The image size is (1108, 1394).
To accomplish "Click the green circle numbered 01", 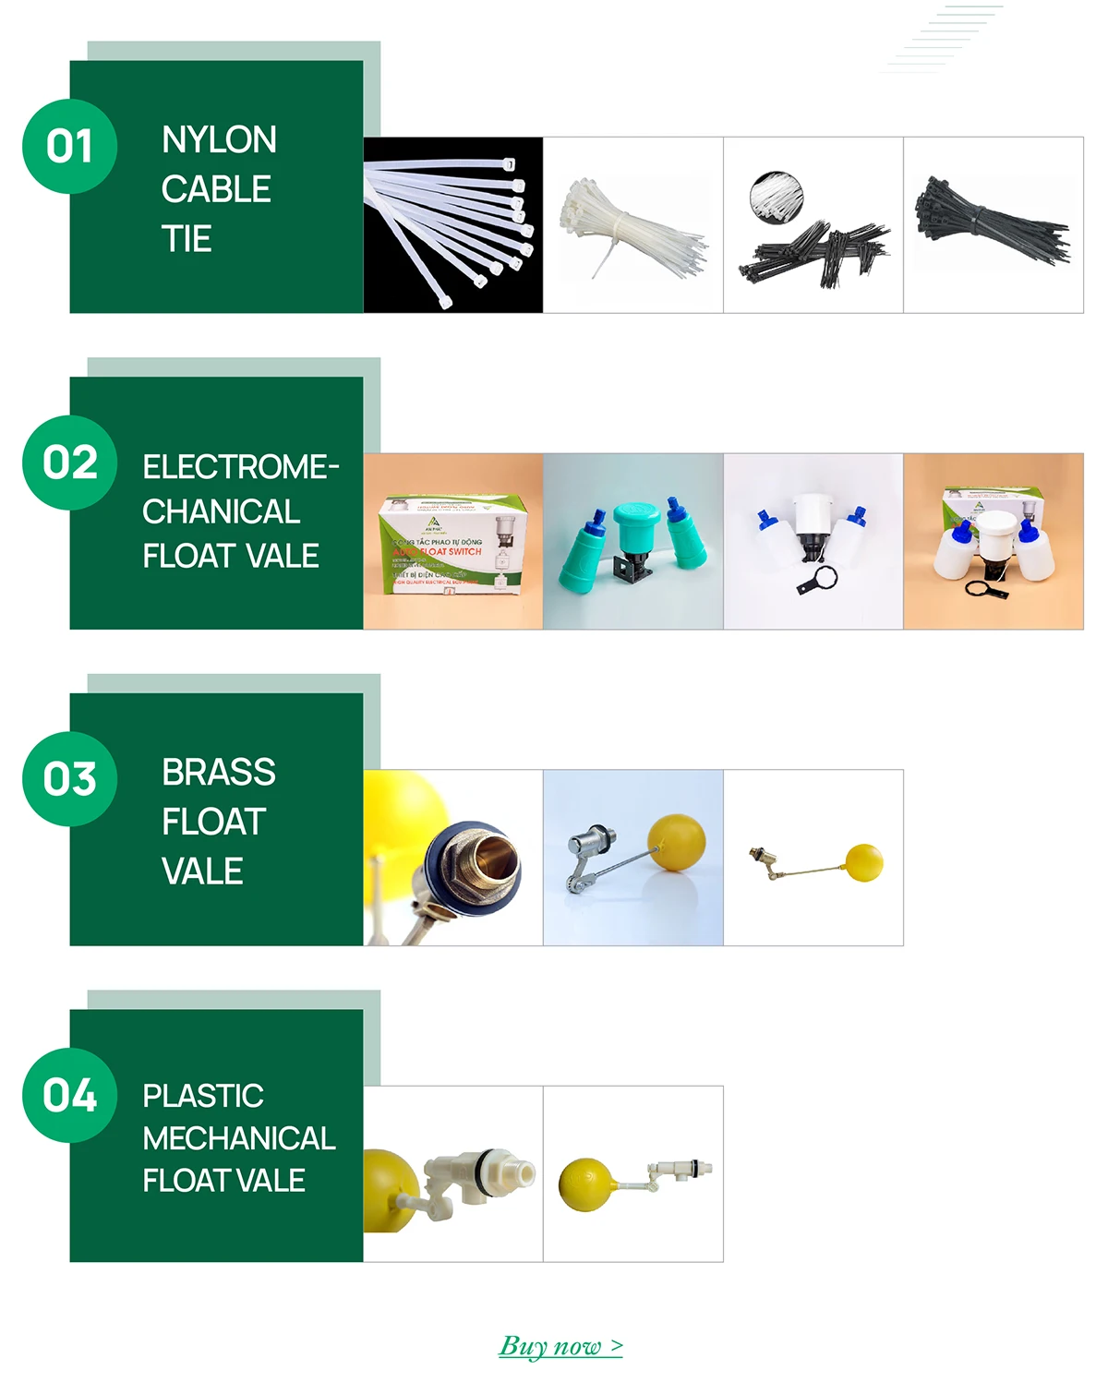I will [70, 147].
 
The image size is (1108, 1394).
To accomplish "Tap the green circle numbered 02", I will [70, 463].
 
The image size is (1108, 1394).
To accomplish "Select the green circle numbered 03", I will [70, 779].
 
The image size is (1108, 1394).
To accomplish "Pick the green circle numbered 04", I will [70, 1096].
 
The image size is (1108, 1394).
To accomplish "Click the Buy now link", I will [560, 1346].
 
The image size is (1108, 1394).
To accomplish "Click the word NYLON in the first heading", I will [219, 140].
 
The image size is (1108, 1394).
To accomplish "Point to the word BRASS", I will [219, 773].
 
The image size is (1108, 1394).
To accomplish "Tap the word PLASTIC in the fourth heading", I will [203, 1096].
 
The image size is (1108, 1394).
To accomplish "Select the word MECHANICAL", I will [239, 1138].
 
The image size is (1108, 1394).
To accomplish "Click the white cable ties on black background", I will [452, 226].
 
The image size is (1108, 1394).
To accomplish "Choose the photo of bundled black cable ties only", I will [993, 226].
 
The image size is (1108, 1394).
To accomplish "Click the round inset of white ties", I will [777, 196].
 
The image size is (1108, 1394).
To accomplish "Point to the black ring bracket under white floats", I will [818, 581].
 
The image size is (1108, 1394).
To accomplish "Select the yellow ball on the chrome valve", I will [677, 842].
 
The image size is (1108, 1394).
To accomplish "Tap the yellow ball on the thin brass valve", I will [864, 862].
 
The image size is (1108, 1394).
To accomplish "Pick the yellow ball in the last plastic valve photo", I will [585, 1185].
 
